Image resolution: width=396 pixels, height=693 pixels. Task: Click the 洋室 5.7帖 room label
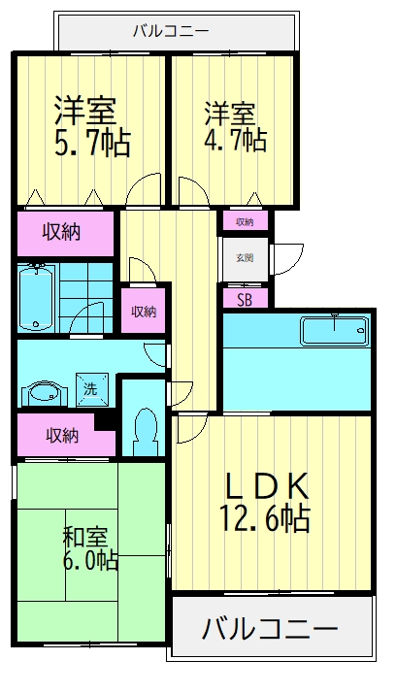92,126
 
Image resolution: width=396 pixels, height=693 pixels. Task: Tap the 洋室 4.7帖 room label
235,126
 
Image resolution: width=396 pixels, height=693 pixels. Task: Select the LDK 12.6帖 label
264,502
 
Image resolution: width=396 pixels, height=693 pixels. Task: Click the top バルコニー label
171,31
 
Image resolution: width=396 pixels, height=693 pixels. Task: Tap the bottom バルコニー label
270,629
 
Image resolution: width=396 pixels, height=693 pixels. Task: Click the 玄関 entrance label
245,258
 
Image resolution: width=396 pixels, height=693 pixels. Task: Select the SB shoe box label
245,300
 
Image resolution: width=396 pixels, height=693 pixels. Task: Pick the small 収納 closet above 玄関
245,222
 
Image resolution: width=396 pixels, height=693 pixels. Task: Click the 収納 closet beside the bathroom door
144,312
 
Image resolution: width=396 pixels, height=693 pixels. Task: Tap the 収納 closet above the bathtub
61,232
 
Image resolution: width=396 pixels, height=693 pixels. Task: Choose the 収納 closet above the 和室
63,436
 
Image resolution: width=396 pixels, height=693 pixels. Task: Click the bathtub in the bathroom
38,297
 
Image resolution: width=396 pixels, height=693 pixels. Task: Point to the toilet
145,431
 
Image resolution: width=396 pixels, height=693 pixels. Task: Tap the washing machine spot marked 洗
91,389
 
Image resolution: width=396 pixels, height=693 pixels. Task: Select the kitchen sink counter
334,330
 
